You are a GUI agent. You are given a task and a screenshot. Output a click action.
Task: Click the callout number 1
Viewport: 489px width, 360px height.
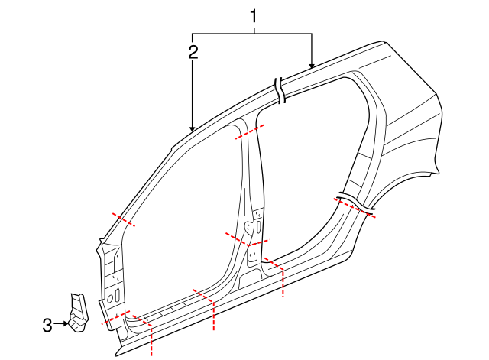(x=254, y=16)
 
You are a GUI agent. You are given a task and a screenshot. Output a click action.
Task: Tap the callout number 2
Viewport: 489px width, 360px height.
(x=193, y=52)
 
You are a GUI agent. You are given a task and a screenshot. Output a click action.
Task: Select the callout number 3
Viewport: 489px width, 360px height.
(x=47, y=326)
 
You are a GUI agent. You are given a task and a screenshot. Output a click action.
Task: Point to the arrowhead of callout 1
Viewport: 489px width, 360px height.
(x=311, y=66)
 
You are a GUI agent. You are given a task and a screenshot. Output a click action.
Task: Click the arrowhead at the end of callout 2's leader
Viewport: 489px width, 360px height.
(x=192, y=129)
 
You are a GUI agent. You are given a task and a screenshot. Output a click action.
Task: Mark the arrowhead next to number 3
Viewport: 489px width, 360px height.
(x=65, y=324)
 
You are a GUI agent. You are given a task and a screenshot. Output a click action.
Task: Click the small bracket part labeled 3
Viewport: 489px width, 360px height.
(x=78, y=312)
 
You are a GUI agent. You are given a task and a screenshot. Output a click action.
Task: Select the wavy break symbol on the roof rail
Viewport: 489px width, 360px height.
(x=280, y=89)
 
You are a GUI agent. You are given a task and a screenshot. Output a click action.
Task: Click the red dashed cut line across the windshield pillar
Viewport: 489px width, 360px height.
(x=124, y=219)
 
